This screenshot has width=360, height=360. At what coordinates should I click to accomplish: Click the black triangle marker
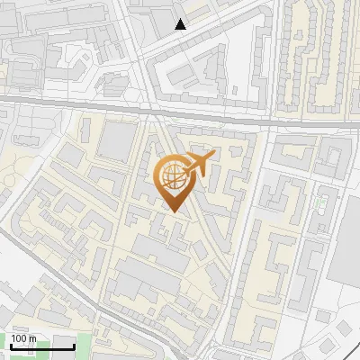[x=181, y=24]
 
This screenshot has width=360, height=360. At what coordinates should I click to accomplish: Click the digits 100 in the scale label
[x=19, y=338]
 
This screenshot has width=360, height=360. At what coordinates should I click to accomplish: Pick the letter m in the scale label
[x=32, y=338]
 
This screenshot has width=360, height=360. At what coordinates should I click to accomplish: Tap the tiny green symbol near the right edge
[x=321, y=204]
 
